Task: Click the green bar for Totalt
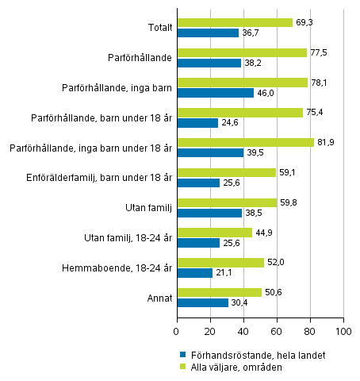tap(235, 23)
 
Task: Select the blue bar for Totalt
tap(208, 33)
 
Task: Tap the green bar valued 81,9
tap(245, 142)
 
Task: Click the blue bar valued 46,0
tap(215, 93)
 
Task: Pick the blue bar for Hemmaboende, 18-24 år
tap(194, 273)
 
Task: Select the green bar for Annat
tap(219, 292)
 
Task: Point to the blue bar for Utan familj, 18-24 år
tap(198, 243)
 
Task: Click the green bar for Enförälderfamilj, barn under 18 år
tap(226, 172)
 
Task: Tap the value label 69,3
tap(304, 23)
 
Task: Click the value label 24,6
tap(229, 123)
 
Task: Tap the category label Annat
tap(157, 297)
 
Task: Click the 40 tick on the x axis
tap(243, 328)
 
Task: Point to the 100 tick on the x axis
tap(343, 328)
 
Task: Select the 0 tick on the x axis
tap(177, 328)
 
